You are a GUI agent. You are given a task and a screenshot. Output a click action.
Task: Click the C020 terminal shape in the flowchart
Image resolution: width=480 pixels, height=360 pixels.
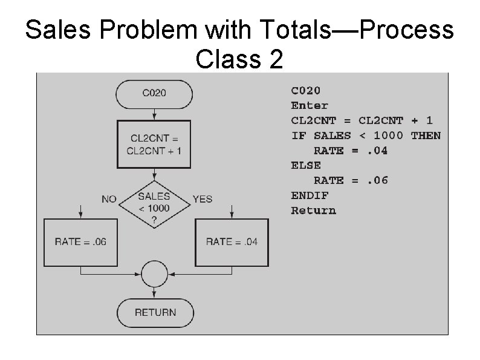tap(154, 93)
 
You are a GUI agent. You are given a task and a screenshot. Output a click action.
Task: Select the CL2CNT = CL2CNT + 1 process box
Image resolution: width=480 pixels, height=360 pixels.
tap(154, 145)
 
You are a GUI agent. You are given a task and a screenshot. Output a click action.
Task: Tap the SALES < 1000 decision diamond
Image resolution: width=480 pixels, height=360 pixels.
tap(154, 204)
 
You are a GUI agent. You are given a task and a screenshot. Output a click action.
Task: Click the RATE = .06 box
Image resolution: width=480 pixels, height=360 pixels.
tap(80, 242)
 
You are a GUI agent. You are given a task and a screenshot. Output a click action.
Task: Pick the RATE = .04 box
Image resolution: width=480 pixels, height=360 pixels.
tap(232, 242)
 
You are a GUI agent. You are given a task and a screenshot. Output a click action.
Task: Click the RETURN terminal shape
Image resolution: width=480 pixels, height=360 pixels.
tap(155, 312)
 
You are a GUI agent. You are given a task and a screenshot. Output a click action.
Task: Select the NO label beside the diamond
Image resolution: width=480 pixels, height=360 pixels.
tap(109, 199)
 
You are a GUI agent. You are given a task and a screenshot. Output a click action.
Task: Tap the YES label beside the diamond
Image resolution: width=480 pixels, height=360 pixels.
tap(203, 199)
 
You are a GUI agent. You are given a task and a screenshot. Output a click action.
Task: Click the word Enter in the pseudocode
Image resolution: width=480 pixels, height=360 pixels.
tap(310, 106)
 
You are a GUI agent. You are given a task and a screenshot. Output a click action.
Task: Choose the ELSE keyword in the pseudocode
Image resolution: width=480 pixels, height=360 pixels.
tap(306, 165)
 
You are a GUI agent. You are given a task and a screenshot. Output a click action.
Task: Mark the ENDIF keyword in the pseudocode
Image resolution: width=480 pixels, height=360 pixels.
tap(310, 195)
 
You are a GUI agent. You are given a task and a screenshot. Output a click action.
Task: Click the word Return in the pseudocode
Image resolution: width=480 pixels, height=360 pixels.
tap(313, 211)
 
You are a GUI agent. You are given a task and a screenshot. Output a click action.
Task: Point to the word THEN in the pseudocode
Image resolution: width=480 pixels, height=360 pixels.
tap(426, 136)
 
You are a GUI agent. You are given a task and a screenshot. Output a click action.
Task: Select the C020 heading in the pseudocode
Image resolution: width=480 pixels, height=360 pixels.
tap(306, 91)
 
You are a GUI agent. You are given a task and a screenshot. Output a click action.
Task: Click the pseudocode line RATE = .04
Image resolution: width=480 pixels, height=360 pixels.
tap(350, 151)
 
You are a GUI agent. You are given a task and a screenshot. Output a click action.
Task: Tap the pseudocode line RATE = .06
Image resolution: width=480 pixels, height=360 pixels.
tap(350, 180)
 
